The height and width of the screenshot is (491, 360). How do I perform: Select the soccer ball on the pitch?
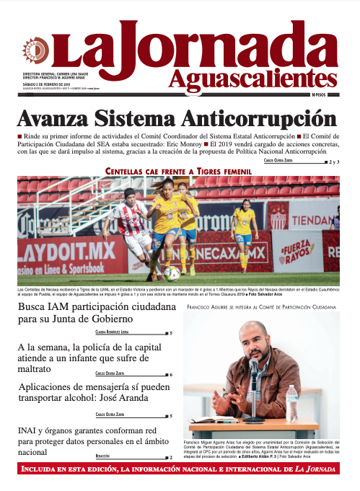[x=171, y=273]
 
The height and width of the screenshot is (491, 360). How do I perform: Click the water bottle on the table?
[x=291, y=403]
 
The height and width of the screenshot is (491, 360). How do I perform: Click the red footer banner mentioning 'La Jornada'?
[x=180, y=471]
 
